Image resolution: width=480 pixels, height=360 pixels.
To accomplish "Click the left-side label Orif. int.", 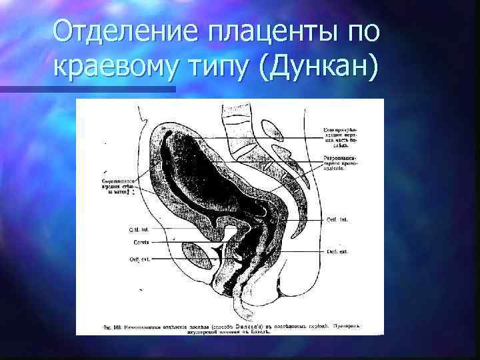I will (x=139, y=229).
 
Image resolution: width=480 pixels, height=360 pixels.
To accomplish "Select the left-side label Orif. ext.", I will (x=139, y=258).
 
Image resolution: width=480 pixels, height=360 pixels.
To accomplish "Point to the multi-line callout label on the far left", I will (x=119, y=187).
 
